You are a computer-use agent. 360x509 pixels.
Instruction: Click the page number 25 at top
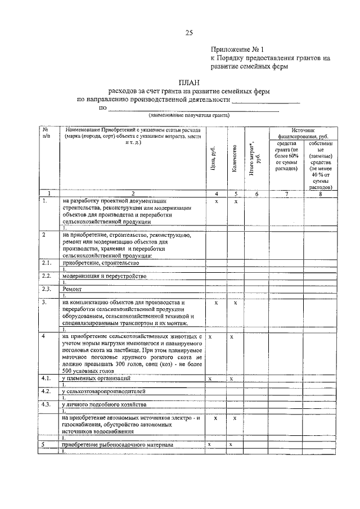(189, 33)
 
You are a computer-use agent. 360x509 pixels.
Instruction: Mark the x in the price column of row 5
(209, 445)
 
